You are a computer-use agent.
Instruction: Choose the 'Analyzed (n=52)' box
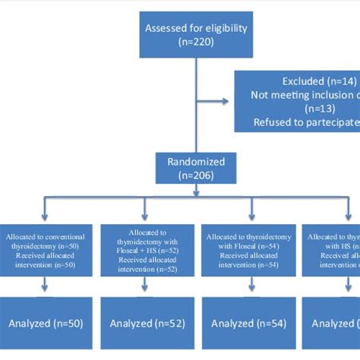pos(146,324)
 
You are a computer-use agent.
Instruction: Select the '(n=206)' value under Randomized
pos(194,173)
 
